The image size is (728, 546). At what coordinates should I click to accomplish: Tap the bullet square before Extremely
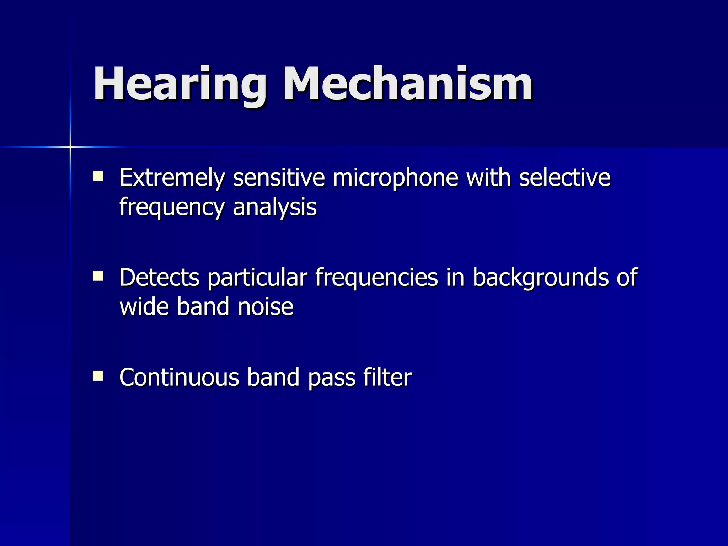point(98,176)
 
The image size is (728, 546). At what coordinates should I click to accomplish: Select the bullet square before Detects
point(98,276)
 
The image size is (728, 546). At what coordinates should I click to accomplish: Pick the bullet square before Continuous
point(98,376)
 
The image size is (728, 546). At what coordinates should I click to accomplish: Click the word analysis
point(274,208)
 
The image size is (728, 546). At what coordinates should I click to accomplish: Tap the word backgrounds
point(540,278)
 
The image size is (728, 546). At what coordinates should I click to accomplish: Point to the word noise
point(265,306)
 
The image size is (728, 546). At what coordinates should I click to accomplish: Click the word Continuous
point(179,378)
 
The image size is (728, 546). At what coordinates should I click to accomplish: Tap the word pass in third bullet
point(331,378)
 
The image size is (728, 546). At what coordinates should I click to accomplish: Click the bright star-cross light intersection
point(70,146)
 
